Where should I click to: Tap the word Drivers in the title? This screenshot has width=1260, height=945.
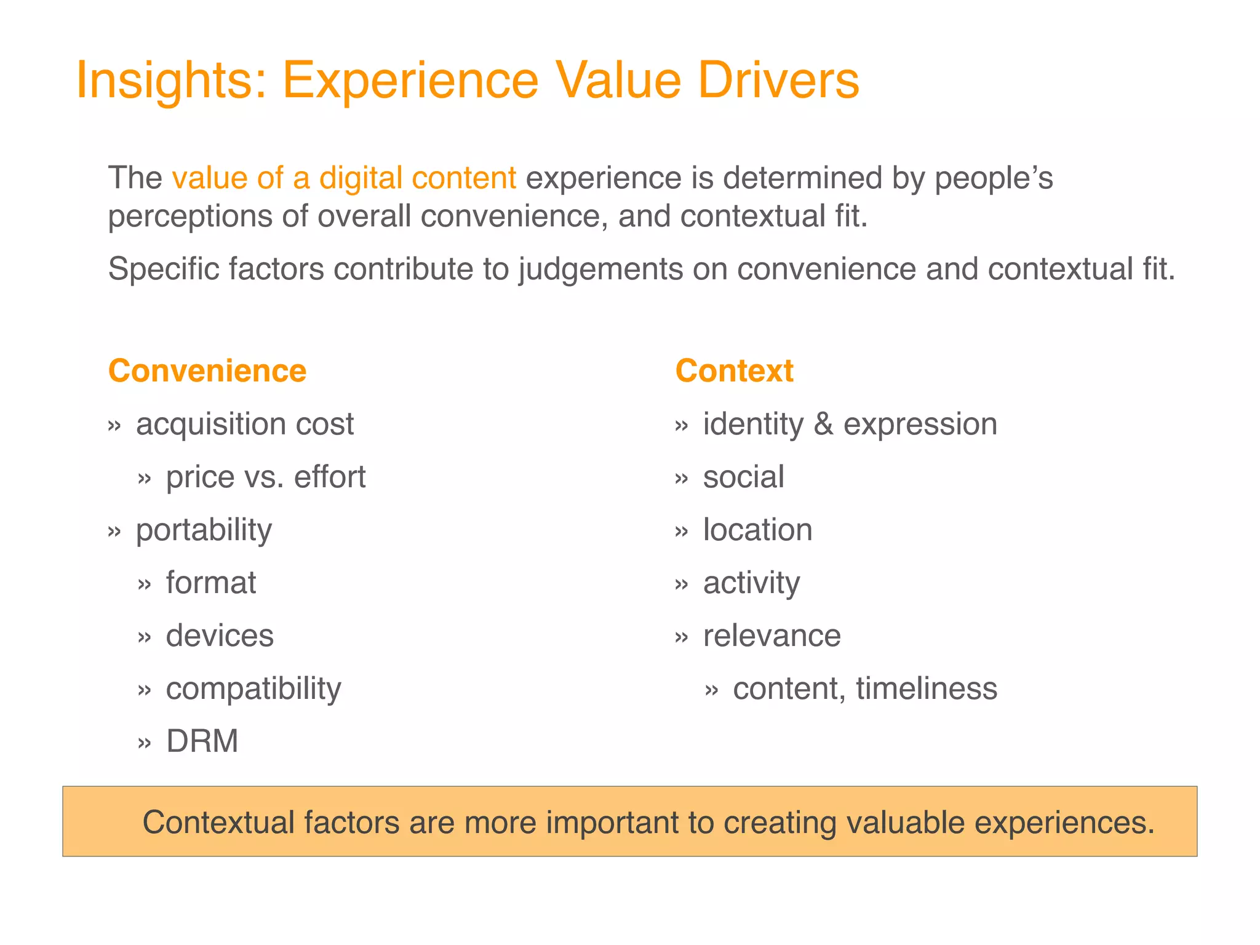point(778,80)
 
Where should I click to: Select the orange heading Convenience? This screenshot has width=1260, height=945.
point(207,371)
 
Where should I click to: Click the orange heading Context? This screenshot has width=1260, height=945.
point(734,371)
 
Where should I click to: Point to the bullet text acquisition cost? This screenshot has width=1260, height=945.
point(245,425)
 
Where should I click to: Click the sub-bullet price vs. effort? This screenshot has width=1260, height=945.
point(266,477)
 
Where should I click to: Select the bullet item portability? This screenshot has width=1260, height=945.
point(204,530)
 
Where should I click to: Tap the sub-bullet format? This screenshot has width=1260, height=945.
point(211,583)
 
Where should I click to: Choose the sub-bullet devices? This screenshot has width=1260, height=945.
point(220,636)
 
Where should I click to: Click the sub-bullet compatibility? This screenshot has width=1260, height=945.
point(253,689)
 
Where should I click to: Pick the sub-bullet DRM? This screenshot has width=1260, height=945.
point(202,741)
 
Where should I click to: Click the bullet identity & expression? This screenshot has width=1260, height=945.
point(850,425)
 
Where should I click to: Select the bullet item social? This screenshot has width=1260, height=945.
point(743,477)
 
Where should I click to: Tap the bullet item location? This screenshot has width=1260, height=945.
point(757,530)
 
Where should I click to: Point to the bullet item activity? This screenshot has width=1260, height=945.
point(751,583)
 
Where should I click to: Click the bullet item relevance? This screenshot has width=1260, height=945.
point(772,636)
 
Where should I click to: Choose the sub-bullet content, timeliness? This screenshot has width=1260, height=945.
point(864,689)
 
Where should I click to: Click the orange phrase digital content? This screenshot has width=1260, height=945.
point(418,178)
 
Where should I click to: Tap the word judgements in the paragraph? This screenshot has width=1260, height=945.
point(600,269)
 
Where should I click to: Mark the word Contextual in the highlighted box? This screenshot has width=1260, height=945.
point(218,823)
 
